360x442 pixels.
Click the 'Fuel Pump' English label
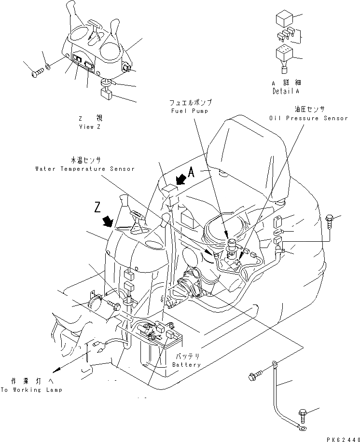[190, 110]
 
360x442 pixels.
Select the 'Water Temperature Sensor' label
[84, 169]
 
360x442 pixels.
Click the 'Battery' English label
[186, 365]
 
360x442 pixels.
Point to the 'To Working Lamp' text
[31, 389]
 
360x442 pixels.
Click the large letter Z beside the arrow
[98, 208]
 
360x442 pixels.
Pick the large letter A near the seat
[192, 172]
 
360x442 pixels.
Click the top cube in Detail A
[284, 20]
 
